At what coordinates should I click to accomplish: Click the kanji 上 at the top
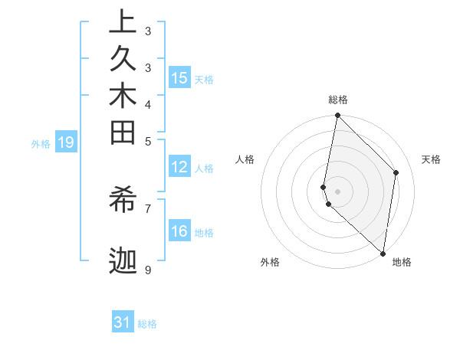coord(123,23)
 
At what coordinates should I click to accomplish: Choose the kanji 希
coord(123,201)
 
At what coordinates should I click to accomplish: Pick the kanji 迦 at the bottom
coord(123,260)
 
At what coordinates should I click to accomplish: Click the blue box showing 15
coord(179,78)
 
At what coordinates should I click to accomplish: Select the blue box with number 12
coord(179,168)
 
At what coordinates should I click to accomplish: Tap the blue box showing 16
coord(179,232)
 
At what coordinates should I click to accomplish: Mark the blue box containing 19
coord(66,142)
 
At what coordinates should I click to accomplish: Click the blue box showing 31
coord(123,322)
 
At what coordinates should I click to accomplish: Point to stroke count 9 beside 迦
coord(147,270)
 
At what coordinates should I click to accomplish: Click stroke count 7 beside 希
coord(147,208)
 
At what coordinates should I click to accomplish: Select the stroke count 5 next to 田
coord(147,141)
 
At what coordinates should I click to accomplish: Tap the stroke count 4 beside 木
coord(147,104)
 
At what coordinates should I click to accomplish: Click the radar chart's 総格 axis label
coord(338,100)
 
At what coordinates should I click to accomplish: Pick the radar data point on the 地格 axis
coord(383,253)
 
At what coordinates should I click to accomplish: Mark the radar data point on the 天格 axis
coord(396,172)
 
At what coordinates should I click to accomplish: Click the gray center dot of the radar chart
coord(338,191)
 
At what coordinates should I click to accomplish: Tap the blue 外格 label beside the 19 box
coord(41,143)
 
